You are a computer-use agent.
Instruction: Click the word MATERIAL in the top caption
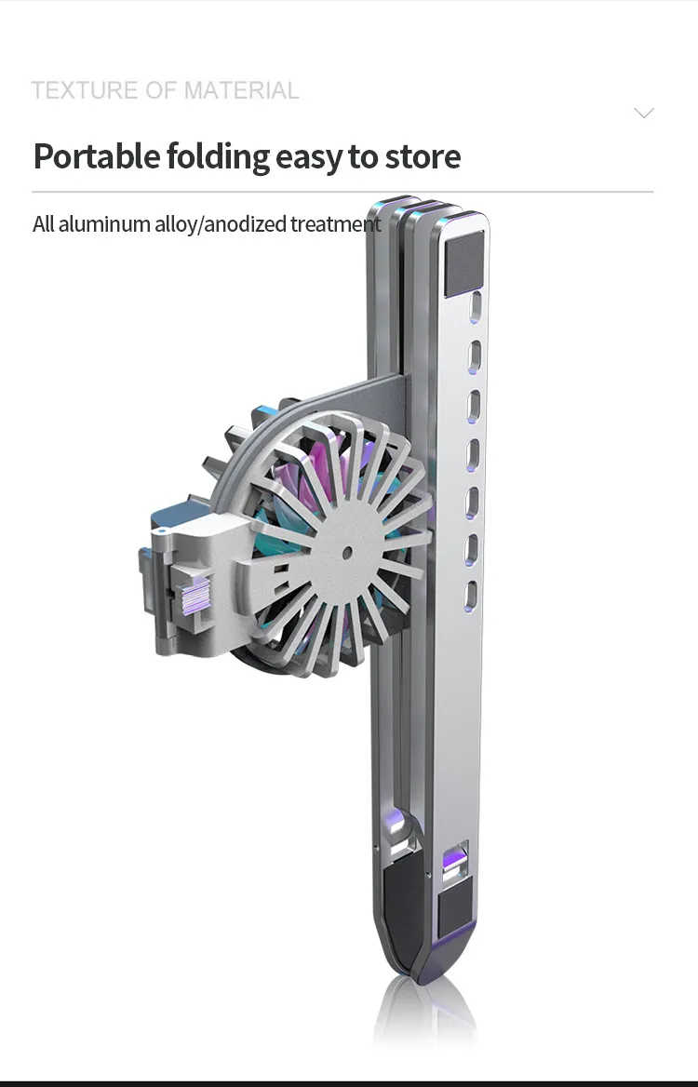coord(241,90)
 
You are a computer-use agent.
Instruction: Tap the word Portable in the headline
coord(97,156)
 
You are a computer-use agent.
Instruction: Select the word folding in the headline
coord(218,157)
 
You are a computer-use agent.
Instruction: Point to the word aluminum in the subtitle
coord(104,224)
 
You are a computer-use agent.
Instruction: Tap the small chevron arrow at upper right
coord(644,113)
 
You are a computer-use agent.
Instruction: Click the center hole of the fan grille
coord(346,553)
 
